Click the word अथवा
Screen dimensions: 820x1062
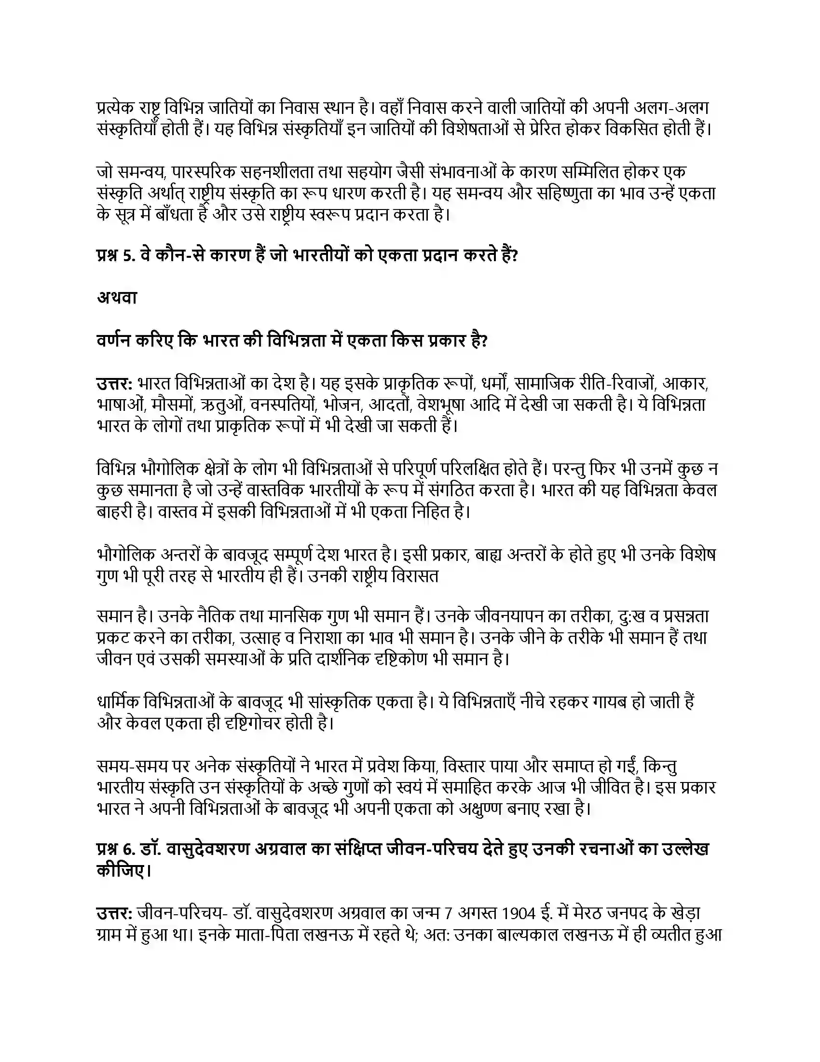click(117, 297)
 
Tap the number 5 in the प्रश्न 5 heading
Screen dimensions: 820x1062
click(127, 255)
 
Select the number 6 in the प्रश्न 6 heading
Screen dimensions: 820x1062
click(128, 849)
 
